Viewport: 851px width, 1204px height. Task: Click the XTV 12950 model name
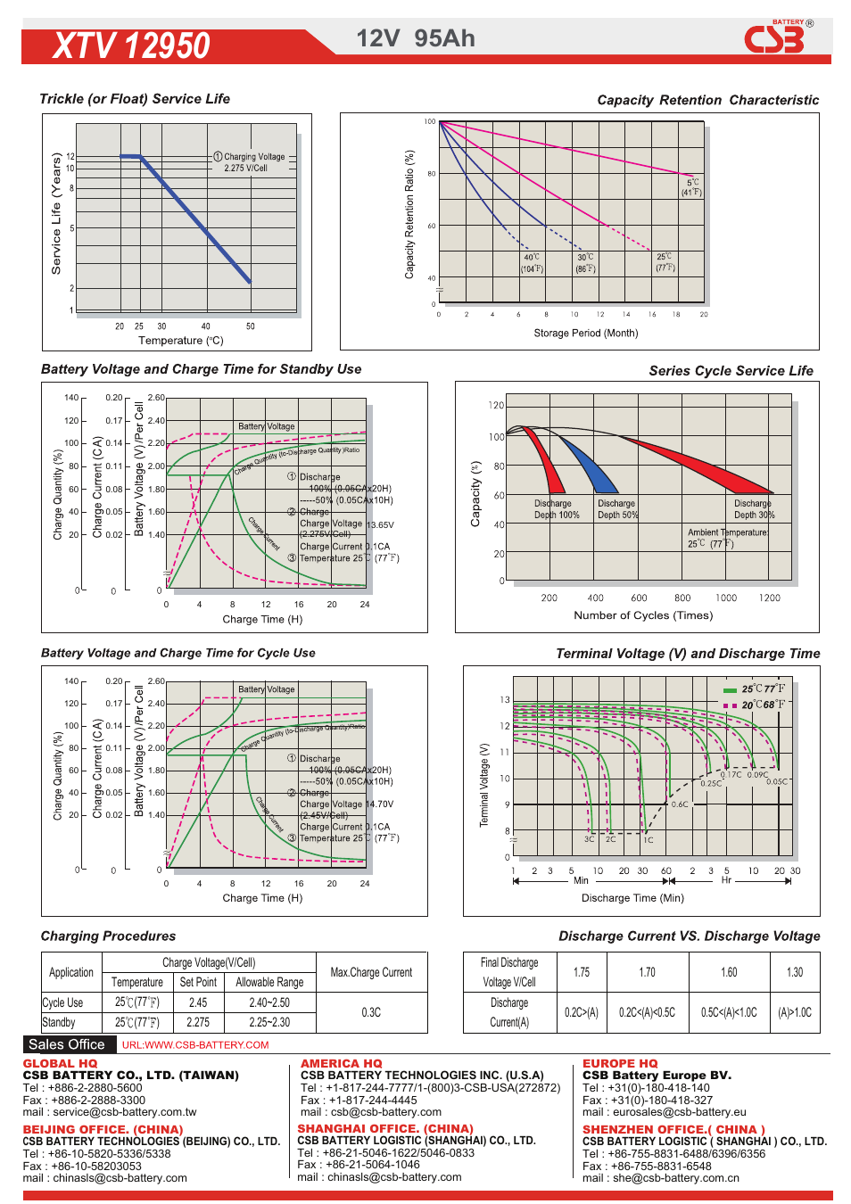131,45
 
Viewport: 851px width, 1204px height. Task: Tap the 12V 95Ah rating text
416,38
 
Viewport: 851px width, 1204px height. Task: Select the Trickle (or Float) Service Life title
135,99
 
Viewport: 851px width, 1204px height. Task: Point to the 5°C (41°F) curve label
691,187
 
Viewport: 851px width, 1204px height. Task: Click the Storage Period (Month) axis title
585,333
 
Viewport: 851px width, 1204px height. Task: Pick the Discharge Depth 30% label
754,509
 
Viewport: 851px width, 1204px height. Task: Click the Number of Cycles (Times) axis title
643,615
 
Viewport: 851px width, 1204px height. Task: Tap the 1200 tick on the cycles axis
769,598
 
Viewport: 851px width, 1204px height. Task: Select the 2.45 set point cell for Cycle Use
198,1002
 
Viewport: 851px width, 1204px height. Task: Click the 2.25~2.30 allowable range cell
269,1023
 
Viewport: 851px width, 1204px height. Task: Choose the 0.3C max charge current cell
371,1012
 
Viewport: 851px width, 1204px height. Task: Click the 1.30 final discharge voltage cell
794,972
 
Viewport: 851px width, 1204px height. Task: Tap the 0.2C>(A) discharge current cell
582,1012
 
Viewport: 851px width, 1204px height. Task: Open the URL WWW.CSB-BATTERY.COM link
195,1045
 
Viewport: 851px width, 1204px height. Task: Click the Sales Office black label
67,1044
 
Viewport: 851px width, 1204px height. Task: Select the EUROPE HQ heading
620,1063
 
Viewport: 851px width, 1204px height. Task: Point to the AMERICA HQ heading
341,1063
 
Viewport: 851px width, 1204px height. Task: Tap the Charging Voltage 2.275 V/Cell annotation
249,162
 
